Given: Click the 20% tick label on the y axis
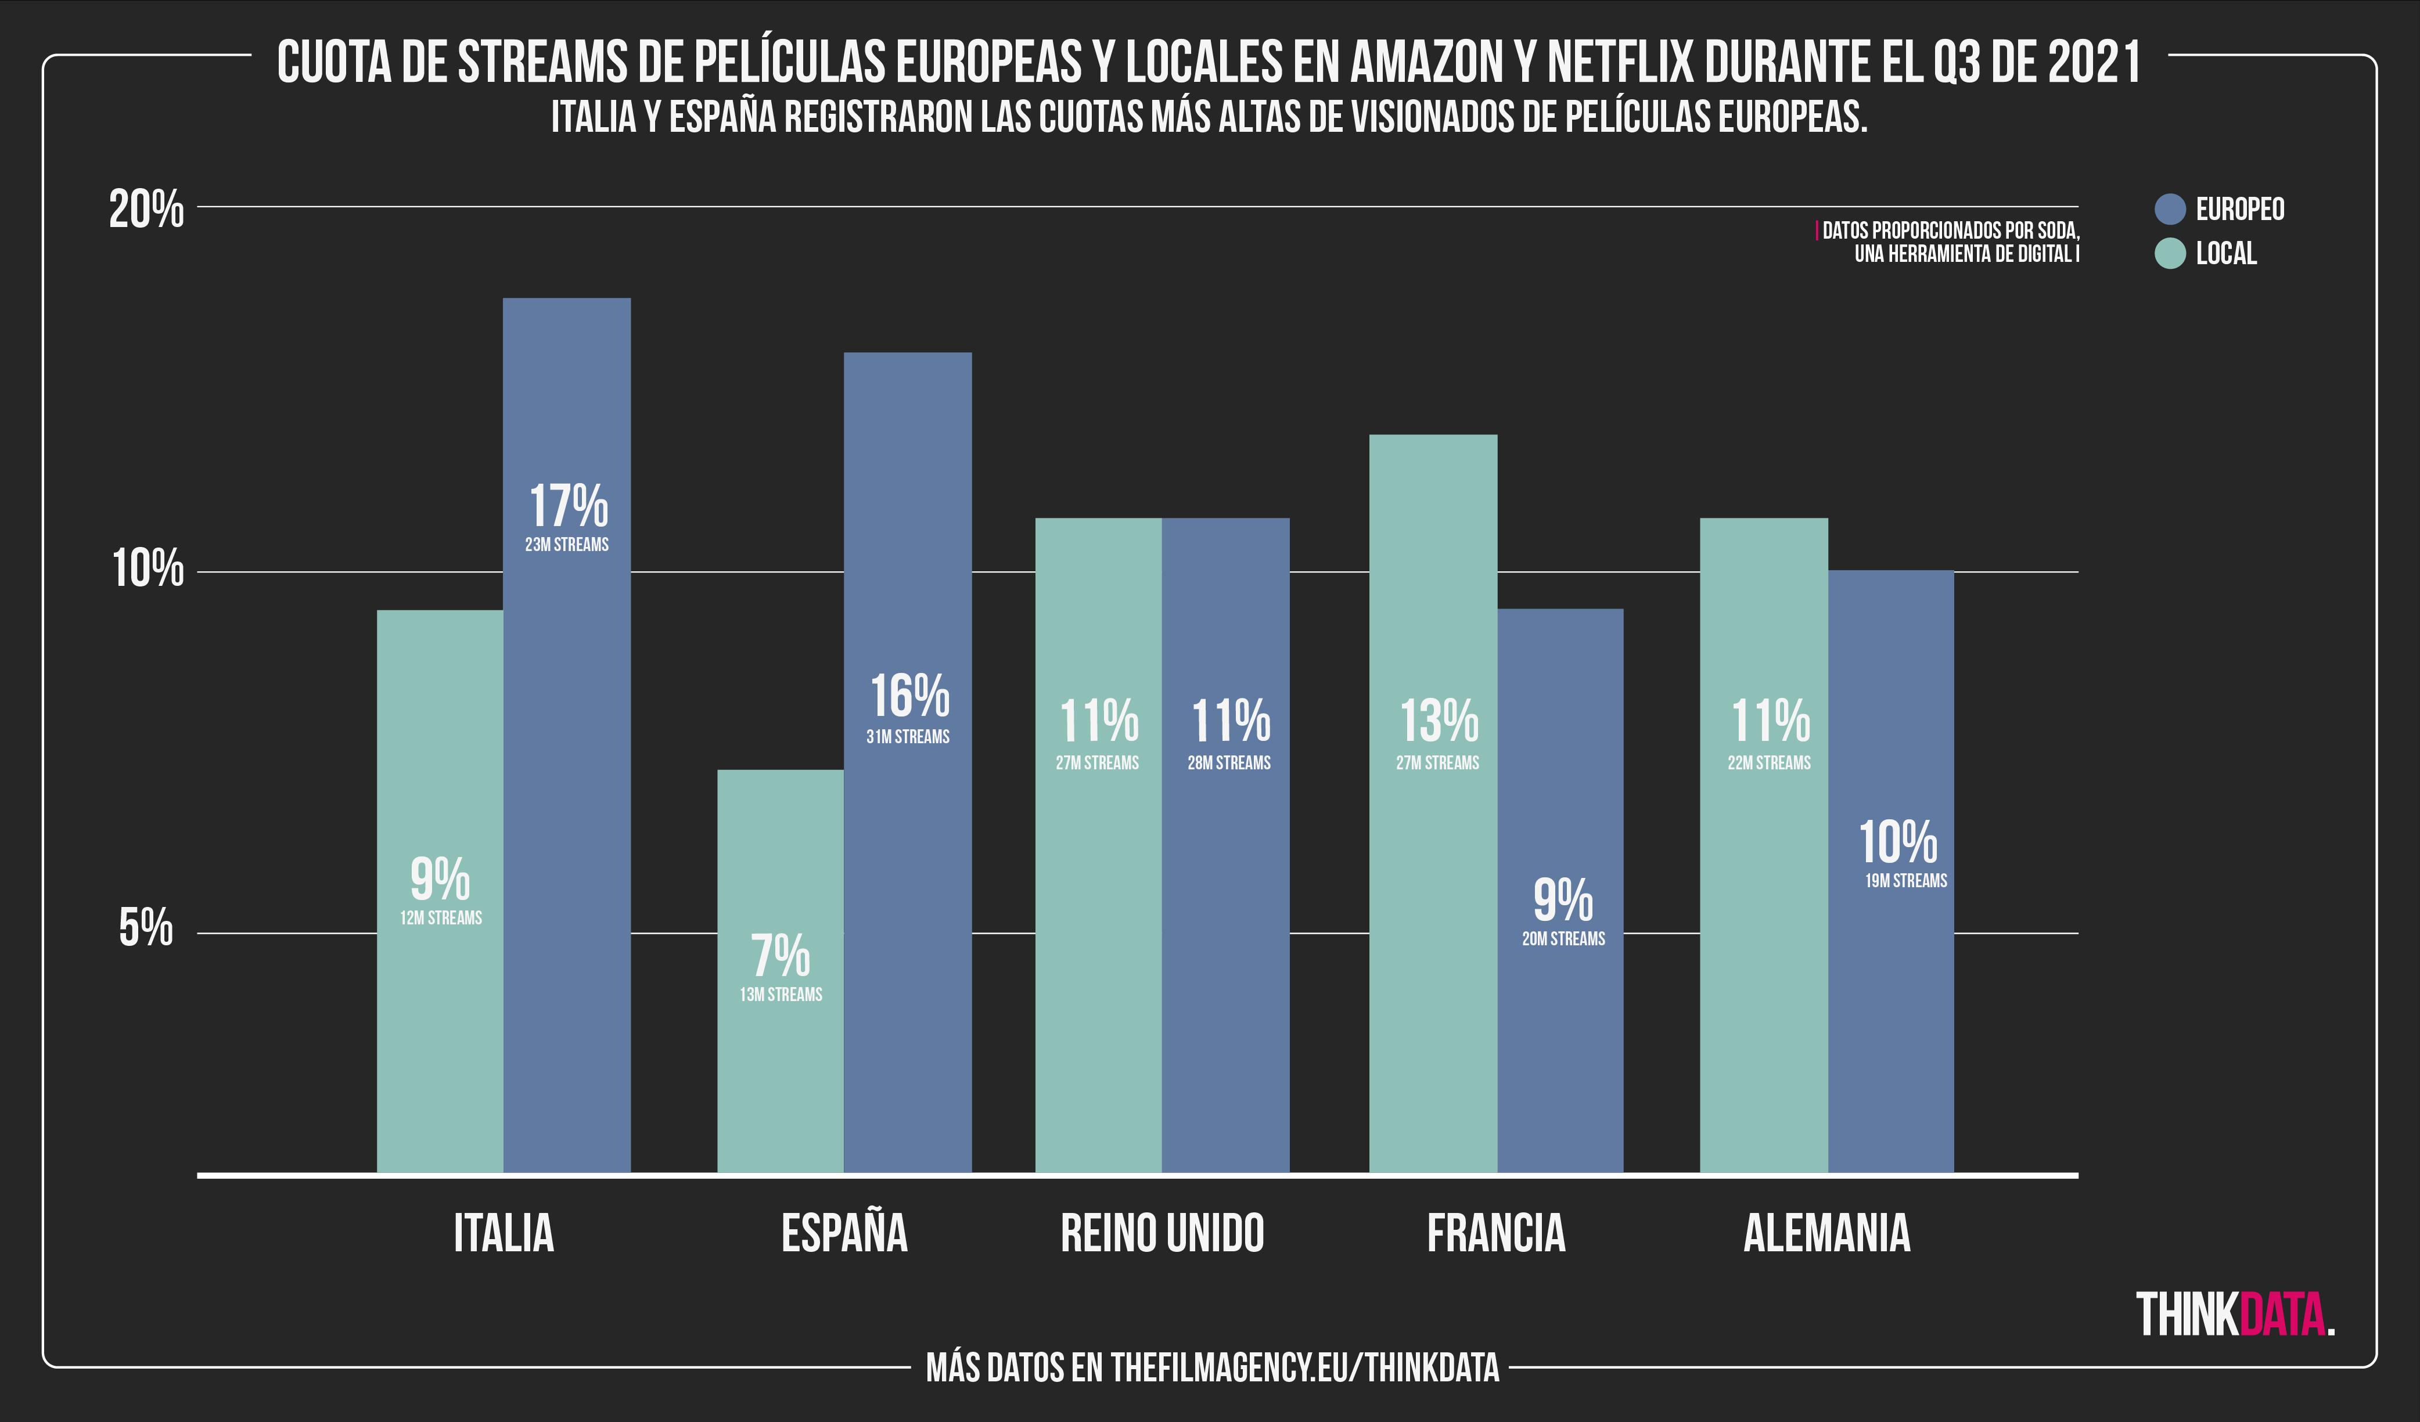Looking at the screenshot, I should (146, 208).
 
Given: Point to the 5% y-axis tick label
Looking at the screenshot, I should (146, 928).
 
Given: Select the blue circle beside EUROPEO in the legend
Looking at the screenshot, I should (2170, 209).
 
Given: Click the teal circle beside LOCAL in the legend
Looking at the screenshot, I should (2170, 254).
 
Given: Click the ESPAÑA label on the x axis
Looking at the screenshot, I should (844, 1234).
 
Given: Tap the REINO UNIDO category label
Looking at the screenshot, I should (1162, 1234).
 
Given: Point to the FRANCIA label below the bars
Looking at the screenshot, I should (1496, 1234).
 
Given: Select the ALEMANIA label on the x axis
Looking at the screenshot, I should (1826, 1234).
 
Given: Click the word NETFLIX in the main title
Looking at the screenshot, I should (1619, 63).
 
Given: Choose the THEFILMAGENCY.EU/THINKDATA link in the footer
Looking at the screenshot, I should (1304, 1368).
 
